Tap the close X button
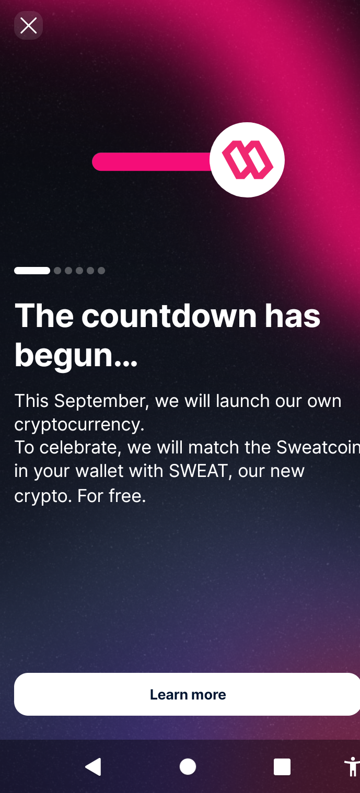28,26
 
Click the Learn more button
187,694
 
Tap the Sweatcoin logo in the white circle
248,160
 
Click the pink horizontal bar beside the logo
152,162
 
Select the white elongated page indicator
32,271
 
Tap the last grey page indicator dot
101,271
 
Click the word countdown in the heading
169,316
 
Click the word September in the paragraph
99,402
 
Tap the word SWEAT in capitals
198,471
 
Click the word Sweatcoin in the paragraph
318,448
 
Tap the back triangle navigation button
93,767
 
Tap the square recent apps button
282,767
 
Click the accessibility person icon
353,766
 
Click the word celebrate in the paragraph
77,448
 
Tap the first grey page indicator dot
57,271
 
